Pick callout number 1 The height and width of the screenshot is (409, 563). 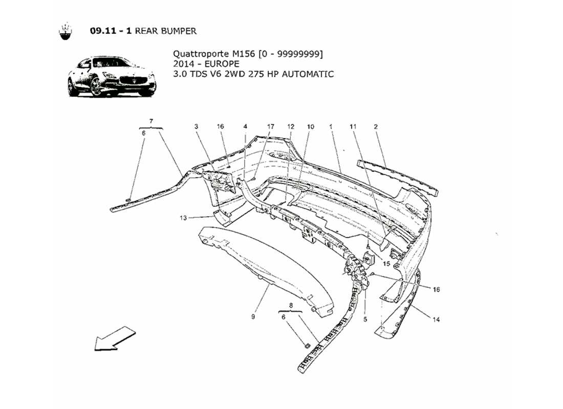tap(332, 126)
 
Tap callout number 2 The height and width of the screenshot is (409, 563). tap(376, 126)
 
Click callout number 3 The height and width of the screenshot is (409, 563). tap(196, 126)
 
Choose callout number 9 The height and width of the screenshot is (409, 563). tap(253, 317)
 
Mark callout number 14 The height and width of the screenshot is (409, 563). tap(436, 321)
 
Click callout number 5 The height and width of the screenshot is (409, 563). tap(365, 321)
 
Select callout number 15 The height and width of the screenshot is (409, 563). tap(386, 264)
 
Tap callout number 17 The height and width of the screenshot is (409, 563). tap(271, 126)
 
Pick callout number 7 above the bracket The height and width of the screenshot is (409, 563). tap(151, 121)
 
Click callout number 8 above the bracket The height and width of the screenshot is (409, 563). tap(291, 305)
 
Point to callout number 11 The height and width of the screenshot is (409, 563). tap(353, 126)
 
